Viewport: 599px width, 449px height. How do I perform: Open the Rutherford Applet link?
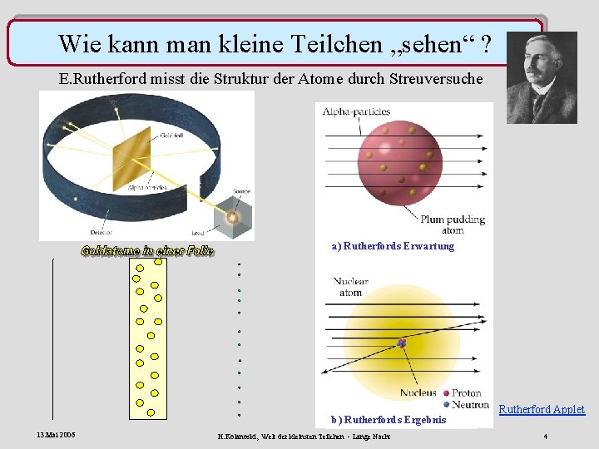pos(541,409)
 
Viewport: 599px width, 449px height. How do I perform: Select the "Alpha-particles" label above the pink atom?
pos(356,111)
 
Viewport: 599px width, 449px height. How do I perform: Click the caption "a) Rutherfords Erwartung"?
pos(393,246)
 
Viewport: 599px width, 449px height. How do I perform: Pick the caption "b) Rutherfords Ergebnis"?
pos(388,420)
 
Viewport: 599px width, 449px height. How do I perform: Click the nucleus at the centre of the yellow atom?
pos(402,343)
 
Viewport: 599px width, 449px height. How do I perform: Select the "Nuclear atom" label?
pos(350,287)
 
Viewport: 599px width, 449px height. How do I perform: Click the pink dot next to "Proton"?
pos(447,393)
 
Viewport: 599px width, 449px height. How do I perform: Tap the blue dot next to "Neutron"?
pos(447,405)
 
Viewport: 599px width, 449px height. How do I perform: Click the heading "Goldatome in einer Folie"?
pos(147,250)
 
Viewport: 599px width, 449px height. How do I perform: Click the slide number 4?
pos(545,437)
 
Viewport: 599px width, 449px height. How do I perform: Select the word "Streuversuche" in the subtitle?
pos(436,80)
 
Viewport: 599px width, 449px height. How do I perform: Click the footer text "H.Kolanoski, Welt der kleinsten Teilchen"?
pos(291,437)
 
